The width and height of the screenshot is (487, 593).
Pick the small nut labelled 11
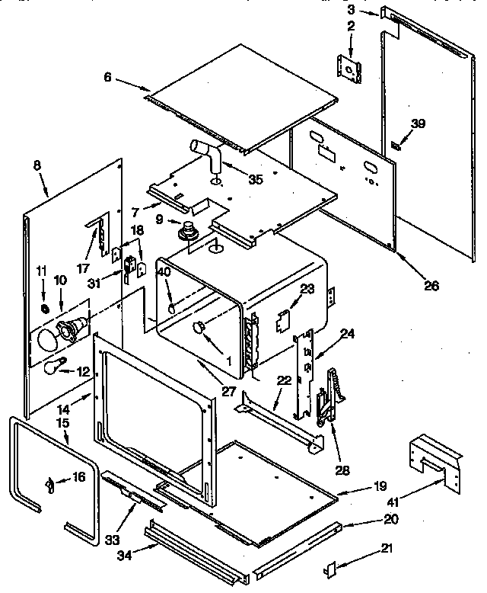tap(45, 309)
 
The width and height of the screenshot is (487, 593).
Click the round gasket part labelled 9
tap(186, 229)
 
